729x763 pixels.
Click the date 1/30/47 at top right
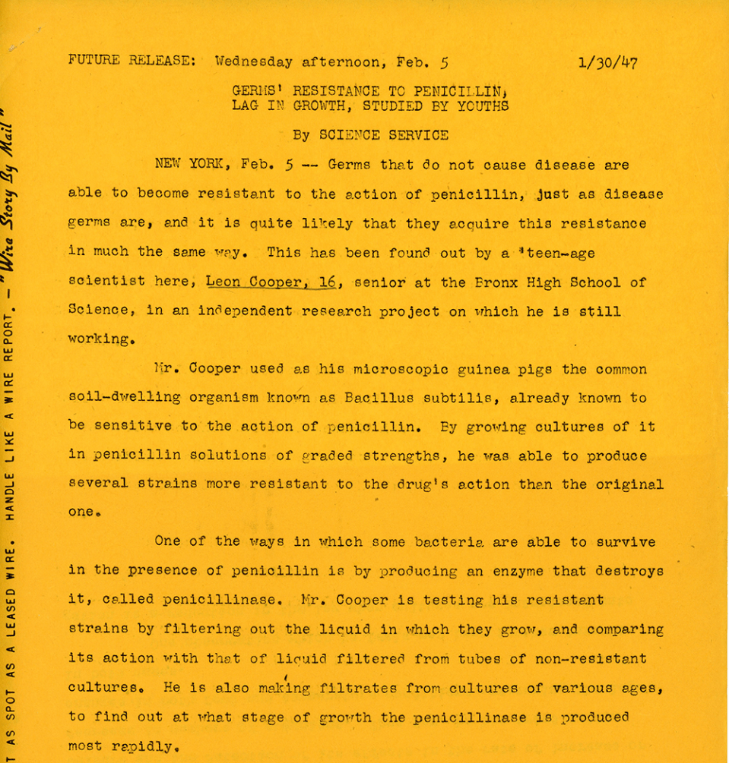click(x=607, y=62)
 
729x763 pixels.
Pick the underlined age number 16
click(x=326, y=282)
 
